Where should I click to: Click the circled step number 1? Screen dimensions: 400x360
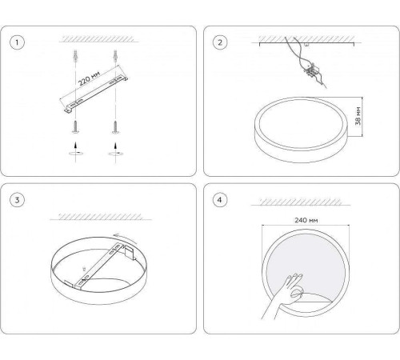click(17, 42)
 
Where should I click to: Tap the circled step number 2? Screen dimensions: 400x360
click(220, 42)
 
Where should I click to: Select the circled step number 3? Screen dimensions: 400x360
click(17, 200)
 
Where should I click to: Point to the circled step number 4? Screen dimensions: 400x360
click(220, 200)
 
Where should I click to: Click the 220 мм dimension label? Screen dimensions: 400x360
click(90, 78)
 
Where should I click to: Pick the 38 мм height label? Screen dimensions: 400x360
click(358, 116)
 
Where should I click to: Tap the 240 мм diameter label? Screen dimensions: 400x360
click(306, 220)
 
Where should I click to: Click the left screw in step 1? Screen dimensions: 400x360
click(75, 127)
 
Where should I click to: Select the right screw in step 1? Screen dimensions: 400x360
click(115, 127)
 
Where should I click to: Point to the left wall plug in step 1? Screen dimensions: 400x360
click(75, 56)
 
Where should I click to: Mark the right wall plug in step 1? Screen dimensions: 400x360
click(115, 56)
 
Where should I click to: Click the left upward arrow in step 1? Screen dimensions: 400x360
click(76, 147)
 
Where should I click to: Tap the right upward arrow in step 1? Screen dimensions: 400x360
click(115, 147)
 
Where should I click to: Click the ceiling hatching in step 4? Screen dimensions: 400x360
click(301, 202)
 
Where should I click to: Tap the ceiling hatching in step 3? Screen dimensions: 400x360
click(100, 216)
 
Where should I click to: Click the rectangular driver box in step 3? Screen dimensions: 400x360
click(130, 253)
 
